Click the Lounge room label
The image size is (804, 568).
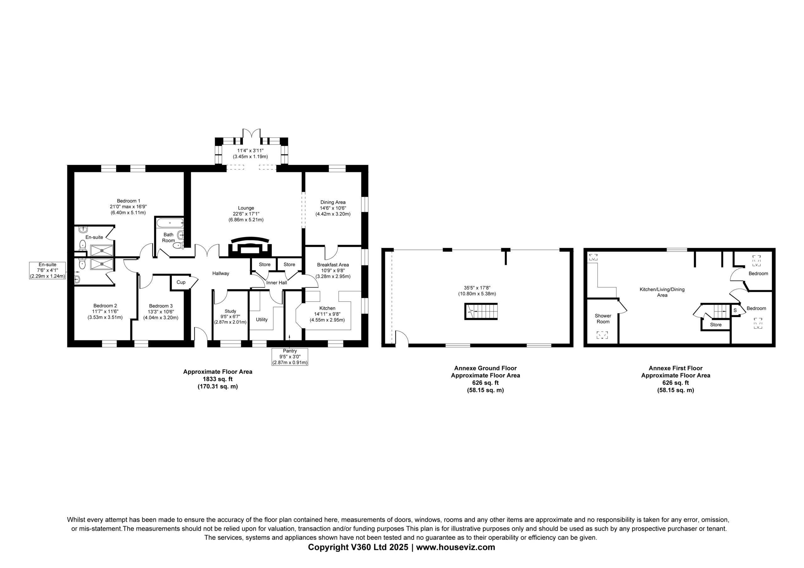coord(246,208)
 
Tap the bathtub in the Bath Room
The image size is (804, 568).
coord(170,222)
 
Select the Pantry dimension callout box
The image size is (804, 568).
coord(290,357)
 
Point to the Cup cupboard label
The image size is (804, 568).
coord(181,282)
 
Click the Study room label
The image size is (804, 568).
coord(231,311)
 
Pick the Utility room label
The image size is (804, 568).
coord(262,319)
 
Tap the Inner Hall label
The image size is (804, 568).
coord(277,283)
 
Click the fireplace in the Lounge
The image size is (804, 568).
coord(250,247)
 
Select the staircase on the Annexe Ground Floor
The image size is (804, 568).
coord(481,311)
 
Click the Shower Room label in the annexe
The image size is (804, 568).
coord(603,319)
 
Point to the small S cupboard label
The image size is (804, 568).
coord(735,310)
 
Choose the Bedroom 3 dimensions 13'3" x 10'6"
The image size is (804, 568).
coord(161,312)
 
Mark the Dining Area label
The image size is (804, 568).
coord(333,202)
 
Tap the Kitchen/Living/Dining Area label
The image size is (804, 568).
coord(662,292)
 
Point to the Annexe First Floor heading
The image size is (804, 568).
coord(676,368)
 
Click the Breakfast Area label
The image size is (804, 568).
coord(333,265)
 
